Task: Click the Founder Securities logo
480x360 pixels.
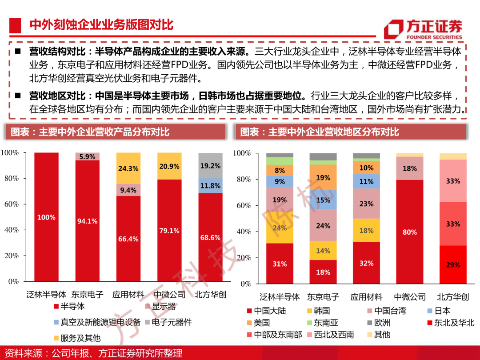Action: pyautogui.click(x=423, y=29)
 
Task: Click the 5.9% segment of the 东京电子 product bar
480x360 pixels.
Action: pyautogui.click(x=87, y=156)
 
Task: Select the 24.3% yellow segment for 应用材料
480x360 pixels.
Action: pyautogui.click(x=128, y=168)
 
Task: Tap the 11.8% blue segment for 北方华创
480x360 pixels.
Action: pyautogui.click(x=210, y=185)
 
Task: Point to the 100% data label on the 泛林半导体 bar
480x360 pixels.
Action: pyautogui.click(x=46, y=217)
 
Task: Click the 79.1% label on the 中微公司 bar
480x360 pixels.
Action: pyautogui.click(x=169, y=231)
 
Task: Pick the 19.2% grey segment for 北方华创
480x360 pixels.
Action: pyautogui.click(x=210, y=165)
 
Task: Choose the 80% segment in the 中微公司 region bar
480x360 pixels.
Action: pyautogui.click(x=410, y=232)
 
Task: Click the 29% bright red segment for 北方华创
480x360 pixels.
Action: pyautogui.click(x=453, y=264)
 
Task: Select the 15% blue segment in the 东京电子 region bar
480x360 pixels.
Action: pyautogui.click(x=323, y=200)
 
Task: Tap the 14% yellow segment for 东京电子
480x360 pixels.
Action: pyautogui.click(x=323, y=251)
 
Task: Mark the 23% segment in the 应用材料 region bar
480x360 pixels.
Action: pyautogui.click(x=366, y=204)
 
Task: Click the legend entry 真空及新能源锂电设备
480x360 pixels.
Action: pyautogui.click(x=97, y=322)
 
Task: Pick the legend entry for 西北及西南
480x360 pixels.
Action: pyautogui.click(x=330, y=335)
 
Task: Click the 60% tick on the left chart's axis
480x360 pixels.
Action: pyautogui.click(x=12, y=204)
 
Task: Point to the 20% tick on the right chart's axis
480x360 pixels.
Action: pyautogui.click(x=244, y=258)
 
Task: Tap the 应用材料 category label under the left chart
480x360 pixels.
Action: pyautogui.click(x=128, y=295)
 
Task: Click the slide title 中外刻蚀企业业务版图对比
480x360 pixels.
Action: pyautogui.click(x=102, y=25)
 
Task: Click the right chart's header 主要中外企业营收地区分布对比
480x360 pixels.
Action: pyautogui.click(x=334, y=132)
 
